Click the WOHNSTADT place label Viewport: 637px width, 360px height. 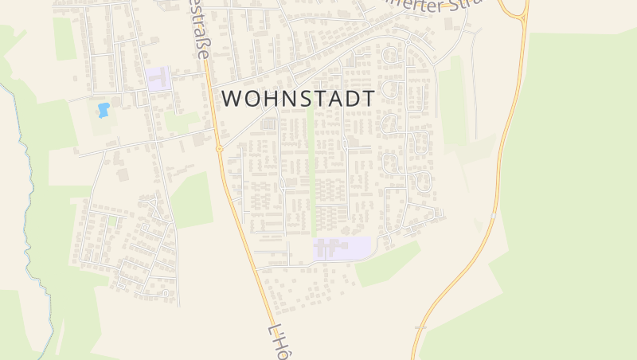tap(298, 98)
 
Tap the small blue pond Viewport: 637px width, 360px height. tap(103, 110)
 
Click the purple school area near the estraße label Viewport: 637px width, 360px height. tap(158, 79)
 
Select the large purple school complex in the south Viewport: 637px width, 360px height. tap(342, 248)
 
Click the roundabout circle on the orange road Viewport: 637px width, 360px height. tap(218, 149)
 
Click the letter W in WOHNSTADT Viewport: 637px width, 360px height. tap(233, 98)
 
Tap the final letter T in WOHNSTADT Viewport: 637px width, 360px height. tap(367, 98)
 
